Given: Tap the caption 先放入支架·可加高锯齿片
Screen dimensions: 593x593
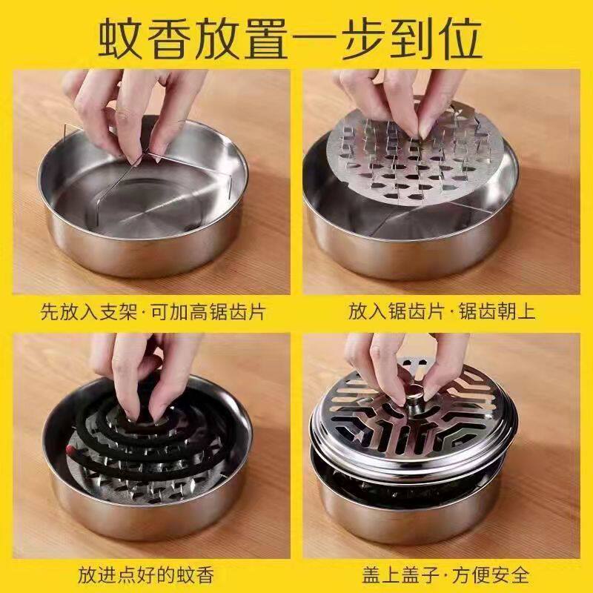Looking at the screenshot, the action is point(153,312).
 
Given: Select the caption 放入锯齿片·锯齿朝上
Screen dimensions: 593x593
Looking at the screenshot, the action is point(442,312).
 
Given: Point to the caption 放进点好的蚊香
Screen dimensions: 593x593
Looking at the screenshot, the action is point(146,575).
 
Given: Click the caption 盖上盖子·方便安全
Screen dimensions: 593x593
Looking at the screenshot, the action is point(445,575).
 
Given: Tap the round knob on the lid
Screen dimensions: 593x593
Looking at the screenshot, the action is point(415,394).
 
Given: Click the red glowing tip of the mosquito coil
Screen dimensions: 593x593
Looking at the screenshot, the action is point(70,450).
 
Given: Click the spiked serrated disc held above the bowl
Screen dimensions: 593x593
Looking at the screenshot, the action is point(415,156).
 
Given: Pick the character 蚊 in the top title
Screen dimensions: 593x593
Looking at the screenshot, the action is point(121,39).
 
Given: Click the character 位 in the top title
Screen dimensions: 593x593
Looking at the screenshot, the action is point(459,39).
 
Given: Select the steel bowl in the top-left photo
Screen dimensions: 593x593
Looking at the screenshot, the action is point(143,196).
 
